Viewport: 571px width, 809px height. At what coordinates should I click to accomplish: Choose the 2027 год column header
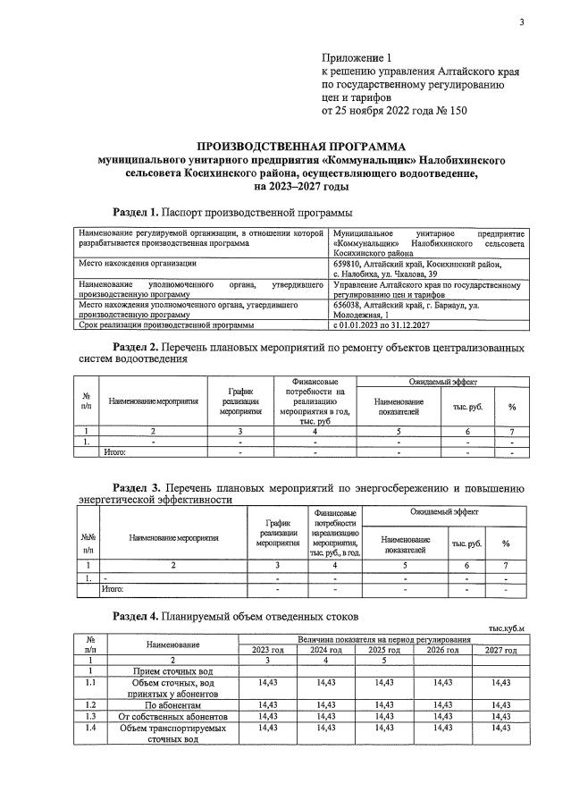pyautogui.click(x=500, y=651)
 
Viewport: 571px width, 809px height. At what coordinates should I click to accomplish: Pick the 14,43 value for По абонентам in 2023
pyautogui.click(x=267, y=704)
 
